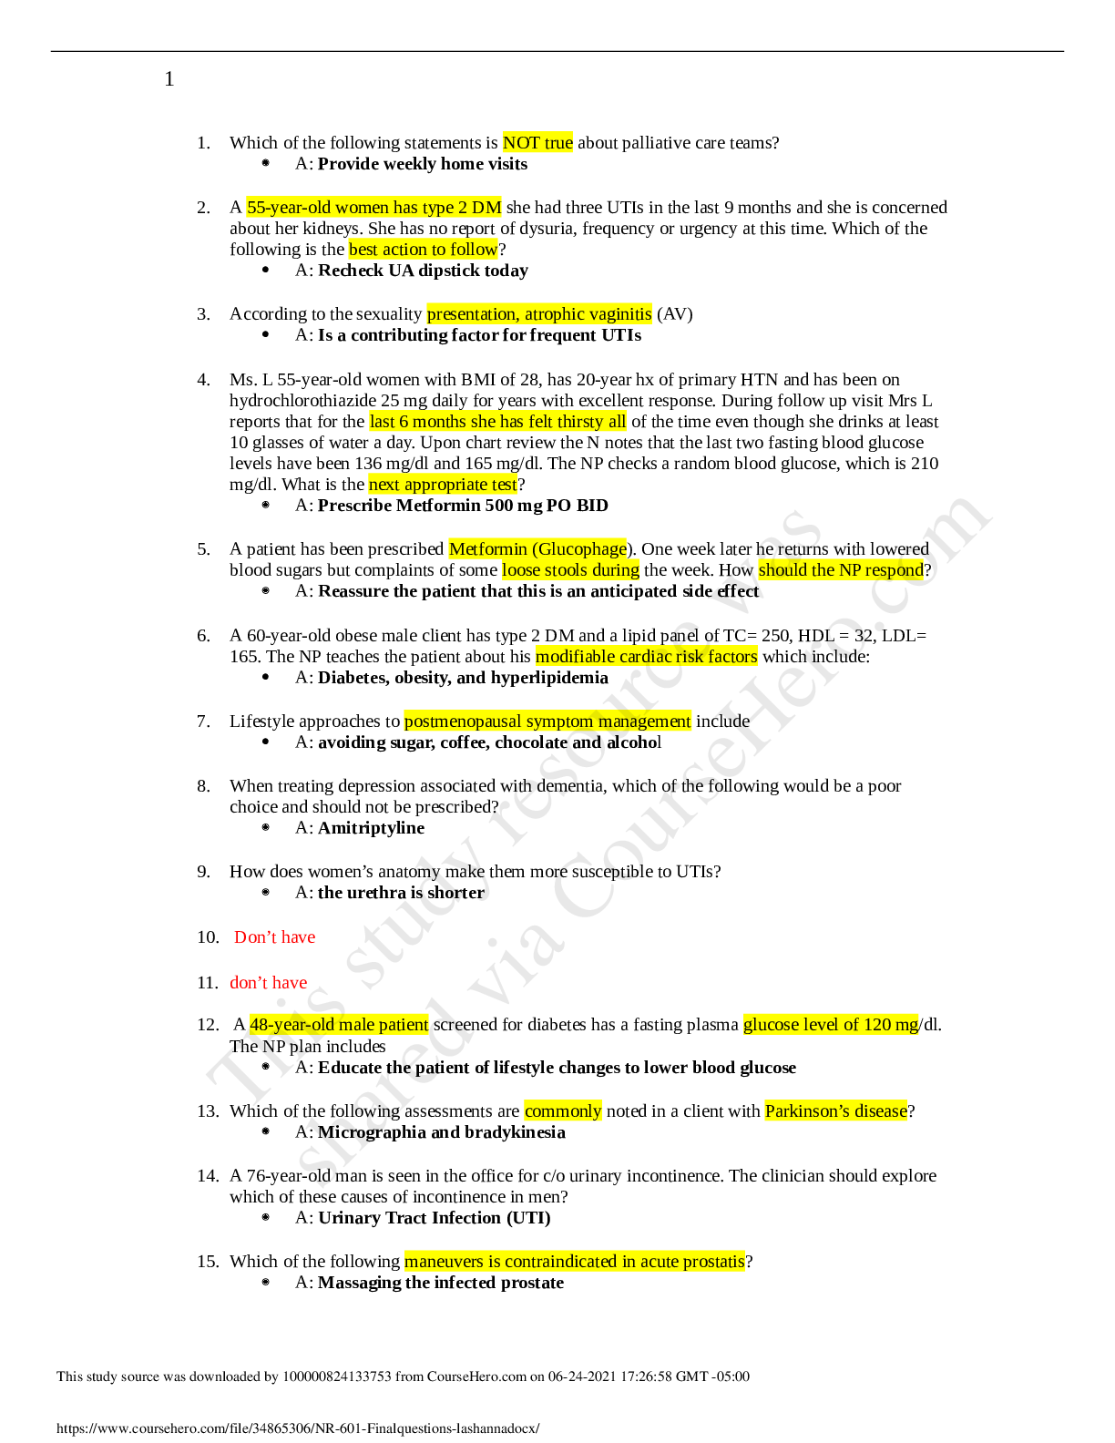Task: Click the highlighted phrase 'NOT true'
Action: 537,143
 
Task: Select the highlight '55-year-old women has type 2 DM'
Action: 373,208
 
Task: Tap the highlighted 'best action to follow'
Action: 423,250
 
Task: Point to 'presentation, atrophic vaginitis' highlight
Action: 538,314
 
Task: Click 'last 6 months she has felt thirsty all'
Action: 497,422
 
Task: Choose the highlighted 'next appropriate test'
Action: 442,485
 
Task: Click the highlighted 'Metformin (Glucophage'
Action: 537,549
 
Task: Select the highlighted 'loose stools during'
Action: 570,570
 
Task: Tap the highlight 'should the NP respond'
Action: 840,570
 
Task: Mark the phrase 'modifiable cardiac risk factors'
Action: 646,657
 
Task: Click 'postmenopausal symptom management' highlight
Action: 547,721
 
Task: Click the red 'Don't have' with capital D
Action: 274,937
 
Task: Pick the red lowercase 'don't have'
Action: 269,983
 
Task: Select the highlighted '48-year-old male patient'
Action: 339,1025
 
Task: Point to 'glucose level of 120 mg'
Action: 831,1025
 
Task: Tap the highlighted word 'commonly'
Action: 563,1111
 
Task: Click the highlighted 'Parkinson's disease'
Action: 835,1111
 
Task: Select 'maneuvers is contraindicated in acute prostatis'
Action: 574,1262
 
